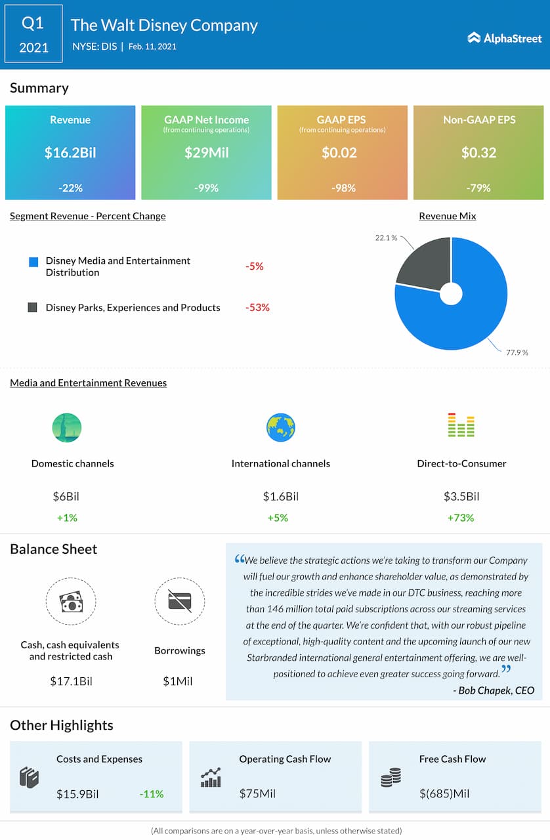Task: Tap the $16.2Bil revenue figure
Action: (x=70, y=153)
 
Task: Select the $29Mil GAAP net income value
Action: (x=206, y=153)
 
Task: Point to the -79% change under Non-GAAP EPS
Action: (x=478, y=188)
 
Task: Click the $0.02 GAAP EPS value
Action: (x=339, y=153)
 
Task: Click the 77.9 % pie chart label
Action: (x=517, y=352)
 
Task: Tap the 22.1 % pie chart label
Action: (x=386, y=238)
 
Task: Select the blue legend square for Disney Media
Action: (x=33, y=262)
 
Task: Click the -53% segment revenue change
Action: (x=257, y=307)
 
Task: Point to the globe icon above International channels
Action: (x=281, y=428)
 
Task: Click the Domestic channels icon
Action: (x=67, y=428)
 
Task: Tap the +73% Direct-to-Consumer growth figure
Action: (x=461, y=518)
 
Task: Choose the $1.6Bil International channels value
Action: (x=281, y=497)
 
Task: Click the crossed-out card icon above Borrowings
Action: (x=180, y=601)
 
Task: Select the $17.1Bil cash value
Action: (x=71, y=681)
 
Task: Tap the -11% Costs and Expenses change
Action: (x=151, y=794)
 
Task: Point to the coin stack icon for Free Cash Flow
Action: (x=391, y=778)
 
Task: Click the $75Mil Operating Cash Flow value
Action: (x=257, y=794)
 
